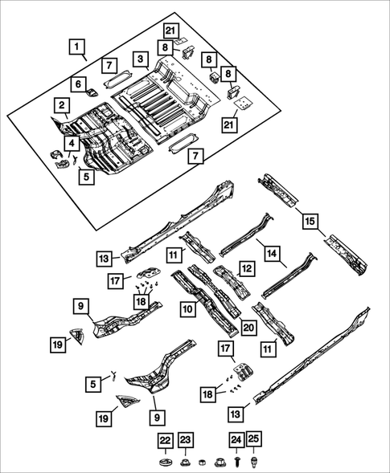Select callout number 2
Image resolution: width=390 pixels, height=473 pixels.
(x=61, y=104)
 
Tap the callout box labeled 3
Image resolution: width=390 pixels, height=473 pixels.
(x=140, y=59)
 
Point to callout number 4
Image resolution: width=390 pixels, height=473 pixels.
(x=72, y=144)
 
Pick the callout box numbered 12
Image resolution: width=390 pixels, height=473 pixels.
(x=247, y=267)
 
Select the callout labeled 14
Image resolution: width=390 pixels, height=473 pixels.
(x=274, y=254)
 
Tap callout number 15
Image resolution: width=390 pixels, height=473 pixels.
(x=310, y=218)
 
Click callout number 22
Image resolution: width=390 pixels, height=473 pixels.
(x=165, y=440)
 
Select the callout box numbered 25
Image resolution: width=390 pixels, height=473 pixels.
(x=254, y=440)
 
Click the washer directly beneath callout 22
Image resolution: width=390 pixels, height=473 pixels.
(x=165, y=462)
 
